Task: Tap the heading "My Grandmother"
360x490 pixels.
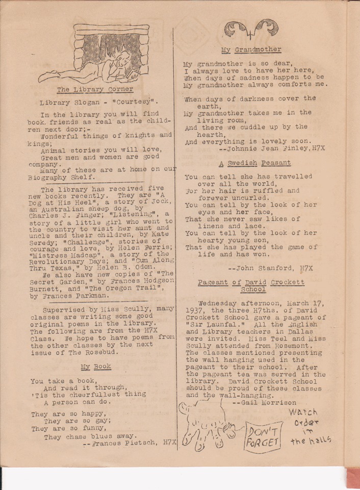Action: click(251, 50)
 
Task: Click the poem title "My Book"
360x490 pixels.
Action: click(96, 366)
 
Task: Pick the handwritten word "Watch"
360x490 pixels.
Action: click(303, 412)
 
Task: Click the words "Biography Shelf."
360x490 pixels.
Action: click(61, 177)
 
